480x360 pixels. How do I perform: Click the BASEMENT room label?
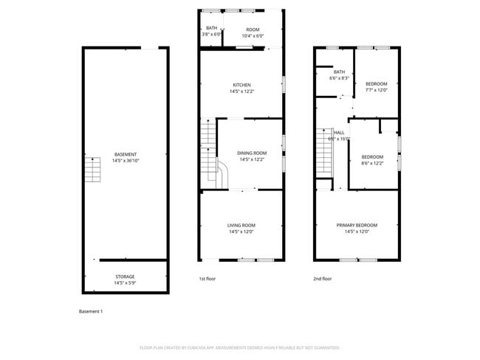[x=125, y=154]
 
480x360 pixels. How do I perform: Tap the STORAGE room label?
[x=125, y=277]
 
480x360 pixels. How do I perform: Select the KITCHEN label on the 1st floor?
[x=242, y=85]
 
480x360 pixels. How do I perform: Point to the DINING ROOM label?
[x=252, y=153]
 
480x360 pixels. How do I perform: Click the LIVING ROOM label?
[x=241, y=225]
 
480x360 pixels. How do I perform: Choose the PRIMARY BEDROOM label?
[x=357, y=225]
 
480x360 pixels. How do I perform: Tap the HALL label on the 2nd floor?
[x=339, y=132]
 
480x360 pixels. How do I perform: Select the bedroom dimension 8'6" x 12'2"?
[x=372, y=163]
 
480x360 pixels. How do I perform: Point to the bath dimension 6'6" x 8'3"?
[x=339, y=77]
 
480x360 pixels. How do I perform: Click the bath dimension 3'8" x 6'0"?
[x=212, y=35]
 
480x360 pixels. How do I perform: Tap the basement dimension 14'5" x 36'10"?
[x=125, y=160]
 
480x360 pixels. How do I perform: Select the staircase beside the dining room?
[x=210, y=148]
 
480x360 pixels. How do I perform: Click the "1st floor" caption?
[x=208, y=279]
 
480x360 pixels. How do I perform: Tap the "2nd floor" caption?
[x=322, y=279]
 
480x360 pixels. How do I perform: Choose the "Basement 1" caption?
[x=91, y=311]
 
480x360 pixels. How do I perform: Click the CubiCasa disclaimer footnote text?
[x=239, y=347]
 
